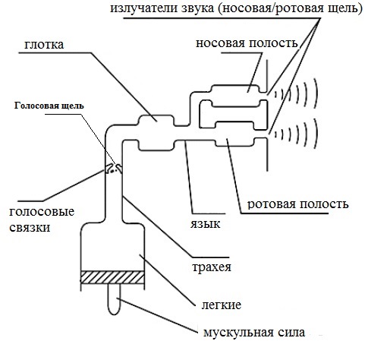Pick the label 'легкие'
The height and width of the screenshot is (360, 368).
coord(222,305)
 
